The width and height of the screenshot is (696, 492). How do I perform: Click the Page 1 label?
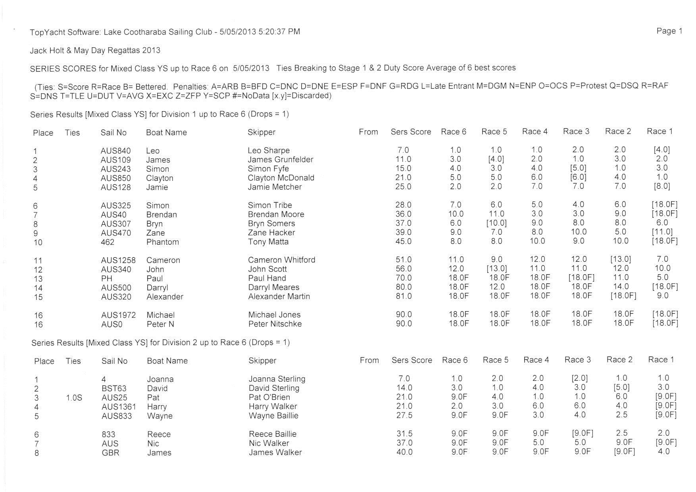[669, 31]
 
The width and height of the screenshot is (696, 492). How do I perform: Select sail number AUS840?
[115, 151]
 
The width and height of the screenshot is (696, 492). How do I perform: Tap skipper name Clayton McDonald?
[281, 178]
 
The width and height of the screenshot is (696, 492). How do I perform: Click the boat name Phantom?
[163, 242]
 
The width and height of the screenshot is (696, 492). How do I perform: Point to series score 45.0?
[403, 242]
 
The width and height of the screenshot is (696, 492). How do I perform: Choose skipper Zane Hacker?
[271, 233]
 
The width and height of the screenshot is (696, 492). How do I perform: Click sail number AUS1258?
[118, 260]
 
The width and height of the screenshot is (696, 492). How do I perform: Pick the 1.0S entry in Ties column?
[74, 398]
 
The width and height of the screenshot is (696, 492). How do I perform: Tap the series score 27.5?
[404, 415]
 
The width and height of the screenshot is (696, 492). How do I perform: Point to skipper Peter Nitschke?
[275, 324]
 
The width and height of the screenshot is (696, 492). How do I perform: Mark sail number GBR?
[110, 453]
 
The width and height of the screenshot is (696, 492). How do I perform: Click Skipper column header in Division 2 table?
[262, 361]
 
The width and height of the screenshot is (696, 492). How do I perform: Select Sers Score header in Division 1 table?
[411, 132]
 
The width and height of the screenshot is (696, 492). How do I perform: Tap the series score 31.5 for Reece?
[404, 434]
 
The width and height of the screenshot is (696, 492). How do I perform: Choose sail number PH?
[107, 279]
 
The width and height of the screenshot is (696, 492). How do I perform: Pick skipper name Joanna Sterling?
[277, 379]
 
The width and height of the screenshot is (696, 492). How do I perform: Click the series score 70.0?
[403, 278]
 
